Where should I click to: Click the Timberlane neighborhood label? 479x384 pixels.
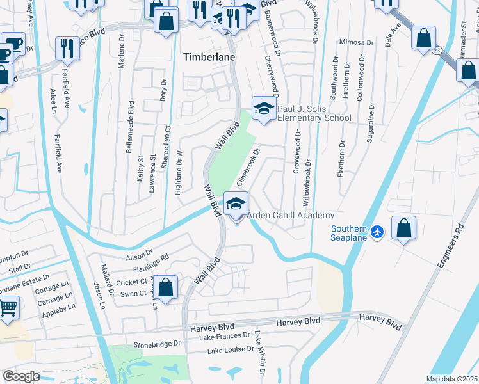coord(209,56)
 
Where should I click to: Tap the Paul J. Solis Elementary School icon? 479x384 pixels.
coord(263,108)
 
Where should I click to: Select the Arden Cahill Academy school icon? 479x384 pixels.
coord(236,204)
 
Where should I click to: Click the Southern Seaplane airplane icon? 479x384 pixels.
coord(377,230)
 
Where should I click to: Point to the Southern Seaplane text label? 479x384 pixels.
coord(349,234)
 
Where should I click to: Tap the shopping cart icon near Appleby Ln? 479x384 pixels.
coord(7,308)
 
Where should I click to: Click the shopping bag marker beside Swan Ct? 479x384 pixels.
coord(166,288)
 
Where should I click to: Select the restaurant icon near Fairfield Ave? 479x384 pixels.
coord(67,47)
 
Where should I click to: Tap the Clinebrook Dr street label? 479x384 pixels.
coord(248,168)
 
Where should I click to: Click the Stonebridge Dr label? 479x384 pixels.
coord(154,344)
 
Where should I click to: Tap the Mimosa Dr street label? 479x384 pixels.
coord(357,42)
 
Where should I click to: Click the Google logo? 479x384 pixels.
coord(21,376)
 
